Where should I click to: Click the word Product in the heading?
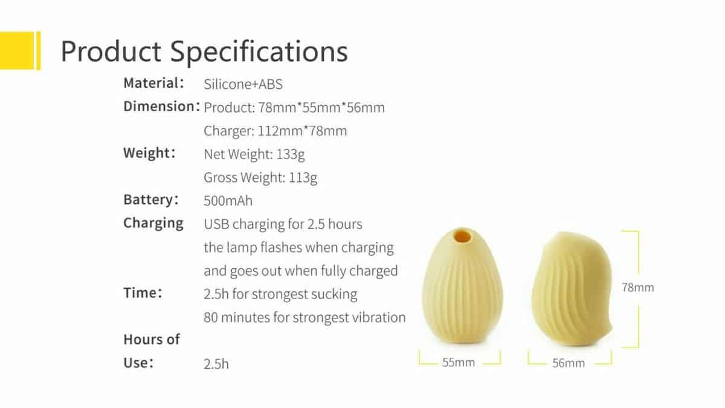pos(111,51)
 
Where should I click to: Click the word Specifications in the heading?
pos(259,52)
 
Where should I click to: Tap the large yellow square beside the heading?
pos(17,50)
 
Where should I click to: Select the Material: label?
pos(153,83)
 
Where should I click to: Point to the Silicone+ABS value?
pos(243,84)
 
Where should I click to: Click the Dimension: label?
pos(162,106)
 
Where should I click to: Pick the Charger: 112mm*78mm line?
pos(275,131)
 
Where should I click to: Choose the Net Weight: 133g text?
pos(254,155)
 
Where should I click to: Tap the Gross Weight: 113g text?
pos(260,178)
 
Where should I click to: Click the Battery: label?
pos(151,200)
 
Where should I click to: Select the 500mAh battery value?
pos(228,201)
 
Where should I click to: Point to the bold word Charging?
pos(153,224)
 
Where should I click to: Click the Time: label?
pos(143,293)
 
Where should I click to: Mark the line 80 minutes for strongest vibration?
pos(304,317)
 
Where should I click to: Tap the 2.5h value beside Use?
pos(216,364)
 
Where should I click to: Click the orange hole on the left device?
pos(462,235)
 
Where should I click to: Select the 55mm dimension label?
pos(459,362)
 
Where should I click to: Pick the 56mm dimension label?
pos(569,363)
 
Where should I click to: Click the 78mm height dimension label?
pos(637,288)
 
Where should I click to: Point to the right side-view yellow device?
pos(572,288)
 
